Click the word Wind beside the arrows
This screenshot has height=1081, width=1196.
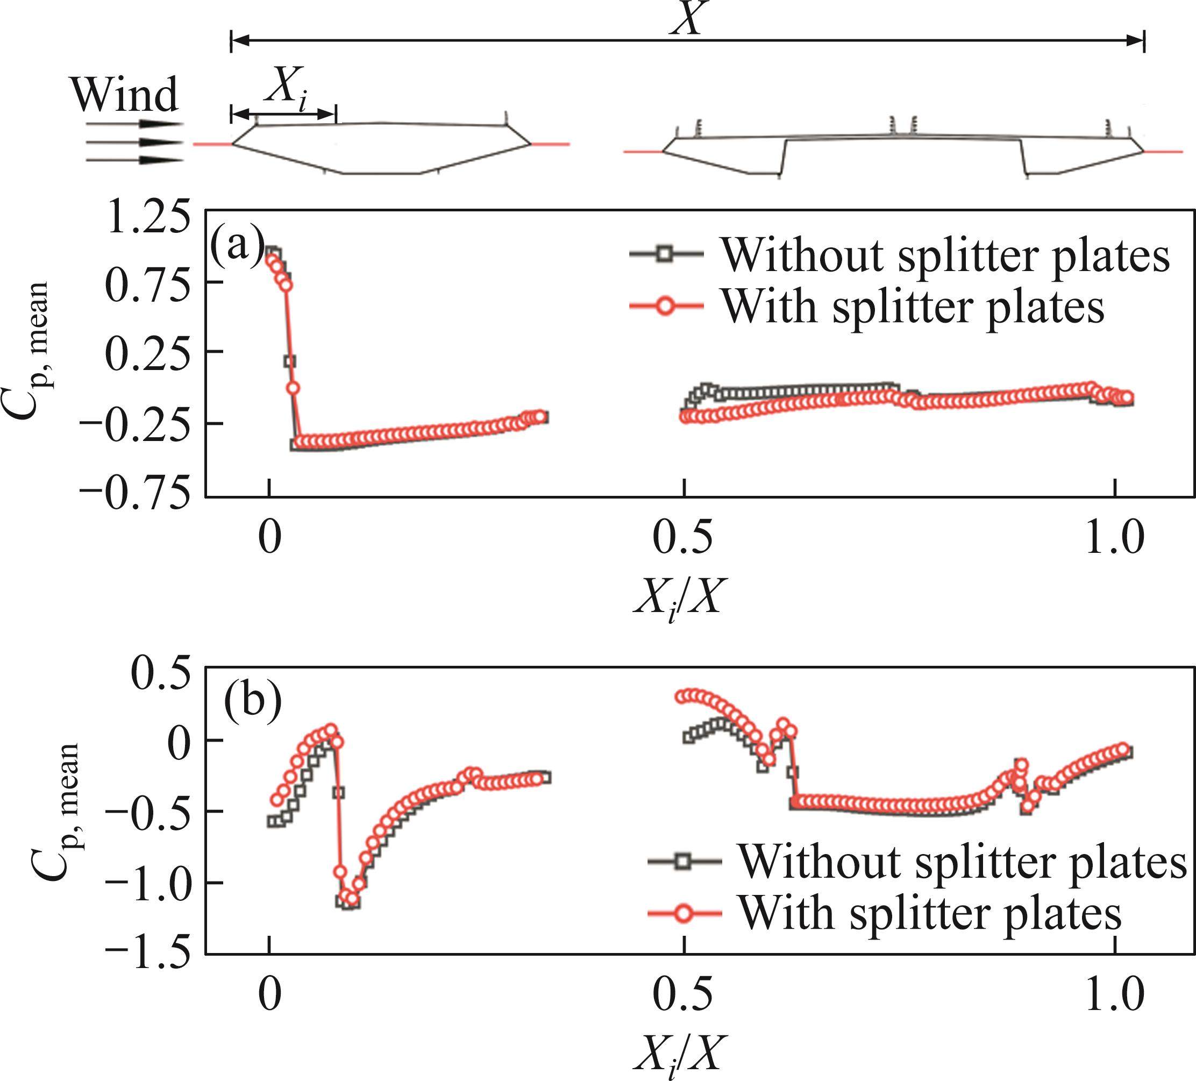pyautogui.click(x=125, y=95)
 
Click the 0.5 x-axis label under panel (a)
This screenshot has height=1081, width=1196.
pyautogui.click(x=682, y=539)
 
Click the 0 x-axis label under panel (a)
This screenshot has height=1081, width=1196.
pyautogui.click(x=270, y=539)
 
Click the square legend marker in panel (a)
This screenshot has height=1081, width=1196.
pyautogui.click(x=666, y=254)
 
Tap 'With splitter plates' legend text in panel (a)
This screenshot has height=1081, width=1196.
pyautogui.click(x=913, y=306)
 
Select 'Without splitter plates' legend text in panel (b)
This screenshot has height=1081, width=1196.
pyautogui.click(x=962, y=862)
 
